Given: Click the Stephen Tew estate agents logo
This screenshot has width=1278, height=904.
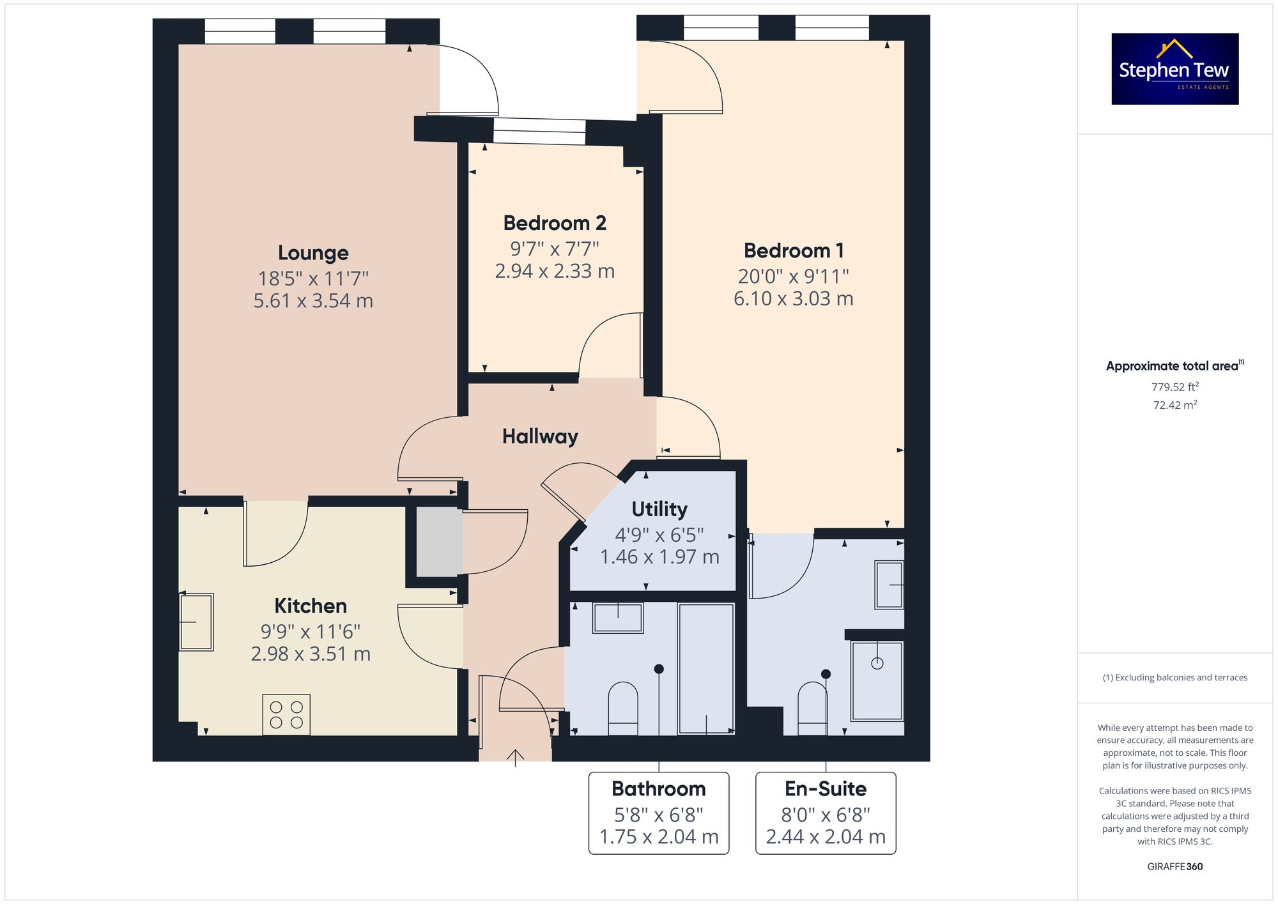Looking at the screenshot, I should coord(1174,69).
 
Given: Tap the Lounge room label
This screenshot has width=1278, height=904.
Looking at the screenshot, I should coord(313,253).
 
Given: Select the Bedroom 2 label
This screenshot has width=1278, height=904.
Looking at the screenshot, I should coord(554,223).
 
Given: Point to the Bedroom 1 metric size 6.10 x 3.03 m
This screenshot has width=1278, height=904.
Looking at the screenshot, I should coord(793,298).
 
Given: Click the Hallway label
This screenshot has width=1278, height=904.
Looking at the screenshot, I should coord(540,436).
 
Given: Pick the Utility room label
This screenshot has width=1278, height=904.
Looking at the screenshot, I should coord(659,509).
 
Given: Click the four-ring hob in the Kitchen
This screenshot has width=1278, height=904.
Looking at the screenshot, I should coord(286,714).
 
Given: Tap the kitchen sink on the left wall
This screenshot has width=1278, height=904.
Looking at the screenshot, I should coord(196,622).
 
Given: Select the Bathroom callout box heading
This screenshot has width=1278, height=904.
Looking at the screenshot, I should coord(658,789).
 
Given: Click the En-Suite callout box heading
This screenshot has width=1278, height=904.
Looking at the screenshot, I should coord(825,789).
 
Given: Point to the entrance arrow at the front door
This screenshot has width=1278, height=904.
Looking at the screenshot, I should coord(515,757).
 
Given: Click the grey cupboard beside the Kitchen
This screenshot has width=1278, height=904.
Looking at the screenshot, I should coord(439,542).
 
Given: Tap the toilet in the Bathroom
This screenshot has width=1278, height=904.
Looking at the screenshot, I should coord(622,708).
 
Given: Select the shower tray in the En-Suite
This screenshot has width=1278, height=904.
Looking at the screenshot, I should coord(877,680).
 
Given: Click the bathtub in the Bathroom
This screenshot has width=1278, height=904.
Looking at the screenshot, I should coord(705,668).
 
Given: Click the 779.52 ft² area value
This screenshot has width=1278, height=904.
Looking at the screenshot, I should coord(1174,387).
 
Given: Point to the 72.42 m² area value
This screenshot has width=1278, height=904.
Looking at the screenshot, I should coord(1174,405).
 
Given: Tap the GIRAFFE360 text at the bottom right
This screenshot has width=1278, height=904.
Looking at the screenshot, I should coord(1174,866).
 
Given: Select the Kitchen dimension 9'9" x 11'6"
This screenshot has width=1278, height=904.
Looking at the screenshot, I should coord(310,632).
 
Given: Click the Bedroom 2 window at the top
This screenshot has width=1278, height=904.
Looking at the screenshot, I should coord(539,132).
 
